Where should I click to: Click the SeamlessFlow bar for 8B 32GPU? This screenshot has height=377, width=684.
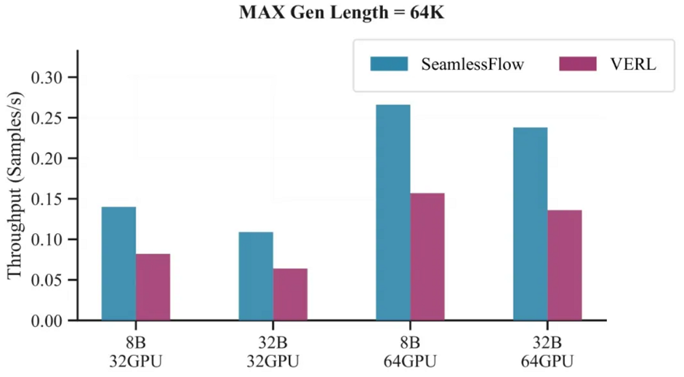pos(118,263)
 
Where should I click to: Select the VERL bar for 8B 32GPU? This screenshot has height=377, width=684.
pos(153,287)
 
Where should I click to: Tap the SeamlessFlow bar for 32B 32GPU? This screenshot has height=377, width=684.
pos(256,276)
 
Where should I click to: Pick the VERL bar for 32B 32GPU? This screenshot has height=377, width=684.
pos(290,294)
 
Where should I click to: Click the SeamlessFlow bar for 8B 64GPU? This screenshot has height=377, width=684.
pos(393,212)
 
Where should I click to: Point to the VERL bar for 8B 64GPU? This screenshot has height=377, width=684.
pos(428,257)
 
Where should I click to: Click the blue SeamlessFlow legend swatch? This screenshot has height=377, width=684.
pos(389,64)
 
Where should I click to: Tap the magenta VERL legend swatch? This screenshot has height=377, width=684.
pos(578,64)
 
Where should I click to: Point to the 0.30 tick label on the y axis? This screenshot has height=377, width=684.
pos(47,77)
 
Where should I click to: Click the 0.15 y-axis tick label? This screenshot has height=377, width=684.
pos(47,199)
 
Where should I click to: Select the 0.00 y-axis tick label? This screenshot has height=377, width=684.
pos(47,320)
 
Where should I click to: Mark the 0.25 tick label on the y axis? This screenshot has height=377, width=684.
pos(47,118)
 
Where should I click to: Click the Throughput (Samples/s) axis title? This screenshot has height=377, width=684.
pos(15,198)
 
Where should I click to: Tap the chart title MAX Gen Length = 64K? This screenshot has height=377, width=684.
pos(342,13)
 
